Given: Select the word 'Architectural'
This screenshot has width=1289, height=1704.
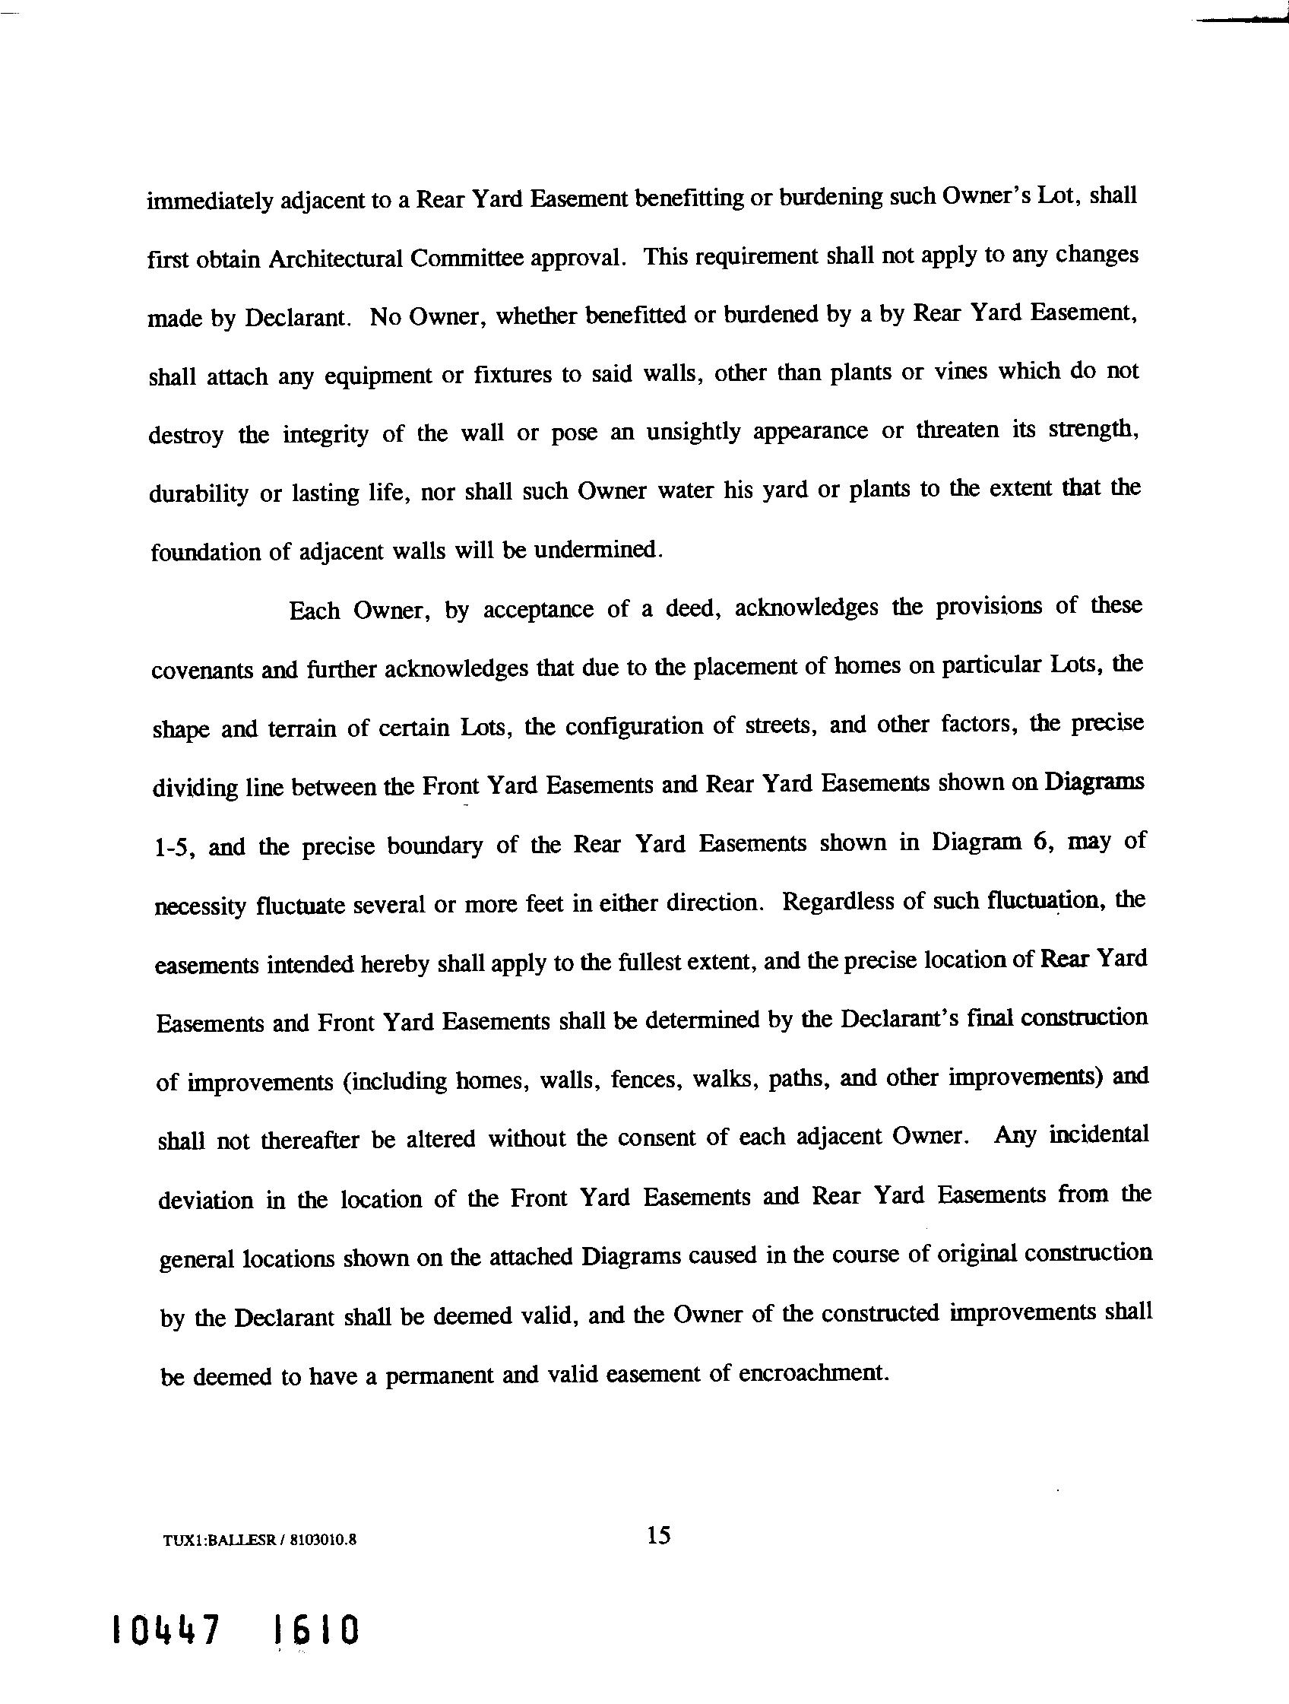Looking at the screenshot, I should (x=335, y=259).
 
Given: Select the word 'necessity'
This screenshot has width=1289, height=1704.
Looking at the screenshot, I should (x=199, y=906).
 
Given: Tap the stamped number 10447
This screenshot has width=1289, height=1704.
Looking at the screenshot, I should (x=166, y=1630).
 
